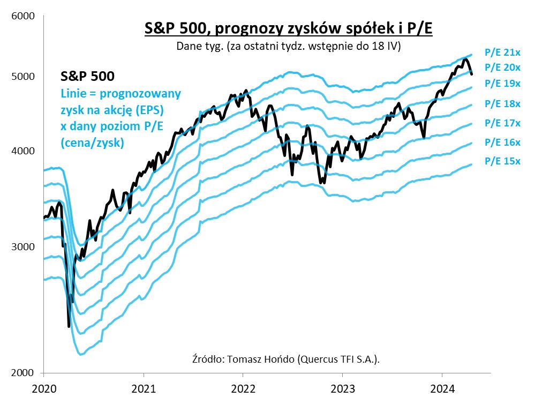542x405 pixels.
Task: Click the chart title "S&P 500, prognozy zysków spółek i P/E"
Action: click(288, 28)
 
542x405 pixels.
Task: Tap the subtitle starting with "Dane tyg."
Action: click(289, 46)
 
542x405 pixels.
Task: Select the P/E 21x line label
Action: click(502, 52)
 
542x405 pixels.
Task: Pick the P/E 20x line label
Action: click(502, 67)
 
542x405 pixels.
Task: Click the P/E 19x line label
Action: click(502, 84)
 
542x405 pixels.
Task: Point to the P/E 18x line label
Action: click(502, 103)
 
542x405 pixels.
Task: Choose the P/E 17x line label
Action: click(502, 123)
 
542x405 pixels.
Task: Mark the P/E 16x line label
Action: click(502, 142)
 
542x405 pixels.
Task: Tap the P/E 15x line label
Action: click(502, 161)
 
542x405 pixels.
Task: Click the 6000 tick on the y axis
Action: click(23, 17)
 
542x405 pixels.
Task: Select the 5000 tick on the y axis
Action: click(23, 77)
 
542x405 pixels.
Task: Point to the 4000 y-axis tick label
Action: click(23, 151)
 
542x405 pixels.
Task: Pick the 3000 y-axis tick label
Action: click(23, 247)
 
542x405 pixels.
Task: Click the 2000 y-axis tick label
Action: click(23, 373)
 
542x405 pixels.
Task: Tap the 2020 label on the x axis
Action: click(43, 388)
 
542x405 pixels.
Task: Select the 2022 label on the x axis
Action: click(243, 388)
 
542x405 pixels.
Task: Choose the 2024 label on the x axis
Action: click(442, 388)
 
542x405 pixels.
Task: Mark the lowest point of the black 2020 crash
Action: click(69, 326)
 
